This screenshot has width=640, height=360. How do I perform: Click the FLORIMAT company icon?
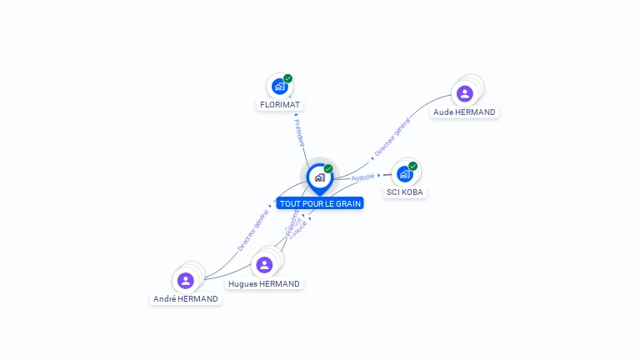[x=279, y=86]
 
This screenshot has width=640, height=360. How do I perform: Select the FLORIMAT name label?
[x=280, y=105]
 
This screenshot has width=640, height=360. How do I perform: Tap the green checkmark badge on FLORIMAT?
[x=287, y=78]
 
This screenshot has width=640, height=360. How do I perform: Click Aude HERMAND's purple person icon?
[x=465, y=93]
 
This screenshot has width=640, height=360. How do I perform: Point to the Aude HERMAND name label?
[x=464, y=112]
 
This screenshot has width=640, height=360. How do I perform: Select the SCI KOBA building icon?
[x=404, y=174]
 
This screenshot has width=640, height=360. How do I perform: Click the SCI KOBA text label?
[x=405, y=192]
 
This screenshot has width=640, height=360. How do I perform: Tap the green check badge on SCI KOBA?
[x=412, y=166]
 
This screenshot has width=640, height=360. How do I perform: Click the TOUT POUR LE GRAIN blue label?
[x=320, y=203]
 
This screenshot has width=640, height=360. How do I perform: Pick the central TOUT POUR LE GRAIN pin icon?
[x=319, y=177]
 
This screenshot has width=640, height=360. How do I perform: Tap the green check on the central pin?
[x=328, y=168]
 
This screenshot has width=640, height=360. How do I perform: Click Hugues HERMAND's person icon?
[x=264, y=265]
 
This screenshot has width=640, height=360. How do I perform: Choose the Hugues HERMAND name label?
[x=264, y=284]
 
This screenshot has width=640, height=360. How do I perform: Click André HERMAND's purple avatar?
[x=186, y=280]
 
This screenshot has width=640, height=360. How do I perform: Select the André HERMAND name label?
[x=186, y=299]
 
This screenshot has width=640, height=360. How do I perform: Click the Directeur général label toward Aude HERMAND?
[x=392, y=138]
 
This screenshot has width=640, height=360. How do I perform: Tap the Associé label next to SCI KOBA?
[x=362, y=177]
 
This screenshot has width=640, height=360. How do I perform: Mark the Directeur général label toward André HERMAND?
[x=252, y=232]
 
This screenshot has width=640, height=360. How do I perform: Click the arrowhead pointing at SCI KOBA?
[x=379, y=175]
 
